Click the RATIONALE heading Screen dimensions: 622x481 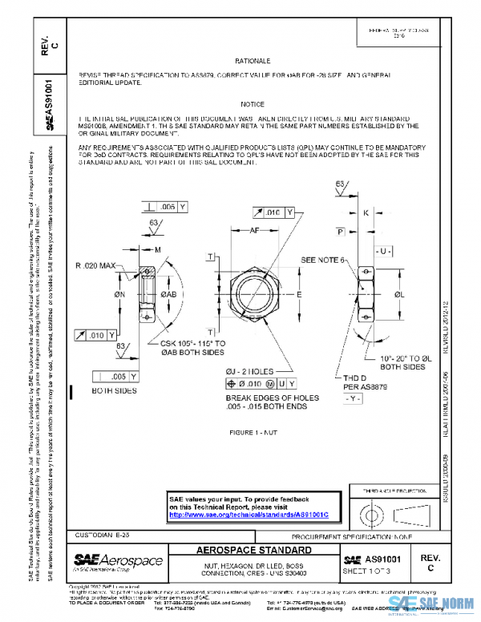(253, 61)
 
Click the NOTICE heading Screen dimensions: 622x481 (253, 105)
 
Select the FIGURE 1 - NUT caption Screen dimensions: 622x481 (253, 431)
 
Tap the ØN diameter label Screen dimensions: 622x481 (119, 295)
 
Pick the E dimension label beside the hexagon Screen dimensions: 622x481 (300, 295)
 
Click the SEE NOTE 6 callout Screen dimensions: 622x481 (323, 261)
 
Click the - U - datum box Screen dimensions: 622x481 (385, 251)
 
